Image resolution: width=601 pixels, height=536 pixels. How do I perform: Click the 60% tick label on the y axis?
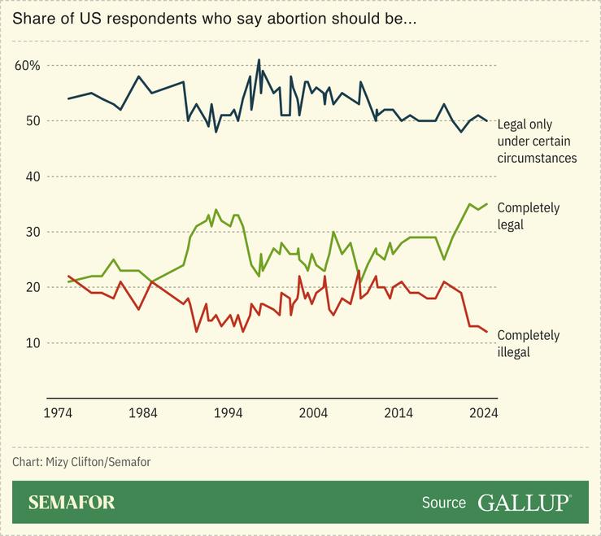(x=28, y=65)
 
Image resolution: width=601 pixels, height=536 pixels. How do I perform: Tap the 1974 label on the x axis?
(x=58, y=412)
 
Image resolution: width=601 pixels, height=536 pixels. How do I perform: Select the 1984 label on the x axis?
(x=143, y=412)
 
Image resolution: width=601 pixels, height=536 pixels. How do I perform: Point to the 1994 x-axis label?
(x=229, y=412)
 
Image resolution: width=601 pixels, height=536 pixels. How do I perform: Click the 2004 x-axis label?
(x=313, y=412)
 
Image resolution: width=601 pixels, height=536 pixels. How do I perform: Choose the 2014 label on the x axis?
(x=398, y=412)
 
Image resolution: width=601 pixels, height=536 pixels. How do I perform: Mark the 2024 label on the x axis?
(x=483, y=412)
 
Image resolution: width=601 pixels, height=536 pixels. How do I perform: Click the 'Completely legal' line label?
(x=528, y=216)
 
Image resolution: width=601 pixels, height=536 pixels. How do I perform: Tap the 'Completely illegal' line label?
(x=528, y=343)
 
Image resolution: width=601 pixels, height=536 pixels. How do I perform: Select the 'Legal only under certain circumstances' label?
(x=537, y=141)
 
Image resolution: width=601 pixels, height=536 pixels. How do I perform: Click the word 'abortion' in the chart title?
(x=267, y=18)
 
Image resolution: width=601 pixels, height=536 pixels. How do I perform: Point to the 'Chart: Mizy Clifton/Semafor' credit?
(x=81, y=462)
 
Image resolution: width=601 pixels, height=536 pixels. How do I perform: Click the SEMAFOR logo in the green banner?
(x=72, y=502)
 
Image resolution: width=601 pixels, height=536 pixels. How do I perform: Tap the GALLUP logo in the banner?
(x=524, y=502)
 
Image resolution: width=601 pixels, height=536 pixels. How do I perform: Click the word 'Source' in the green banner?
(x=444, y=503)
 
